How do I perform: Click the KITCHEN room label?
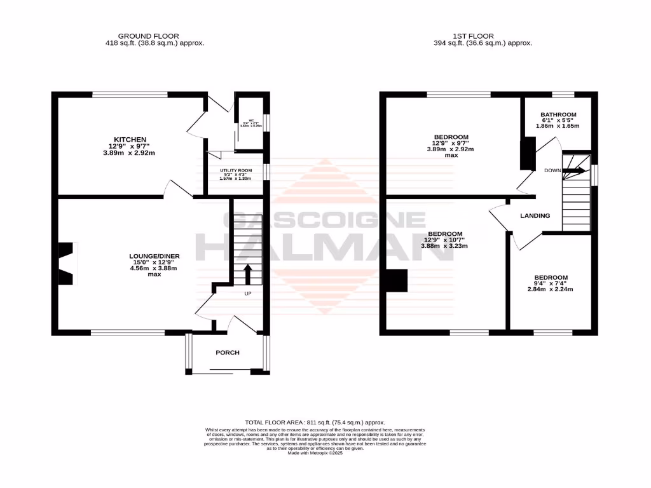point(130,139)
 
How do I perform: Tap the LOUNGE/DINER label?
point(153,256)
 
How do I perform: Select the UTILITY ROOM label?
point(236,171)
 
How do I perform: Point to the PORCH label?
point(227,353)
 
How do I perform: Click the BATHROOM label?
point(558,115)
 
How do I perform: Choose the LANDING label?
point(535,216)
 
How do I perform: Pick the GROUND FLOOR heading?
point(148,36)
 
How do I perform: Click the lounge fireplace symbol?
point(65,263)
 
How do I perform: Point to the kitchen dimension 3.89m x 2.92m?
point(130,152)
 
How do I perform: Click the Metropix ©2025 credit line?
point(315,452)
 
